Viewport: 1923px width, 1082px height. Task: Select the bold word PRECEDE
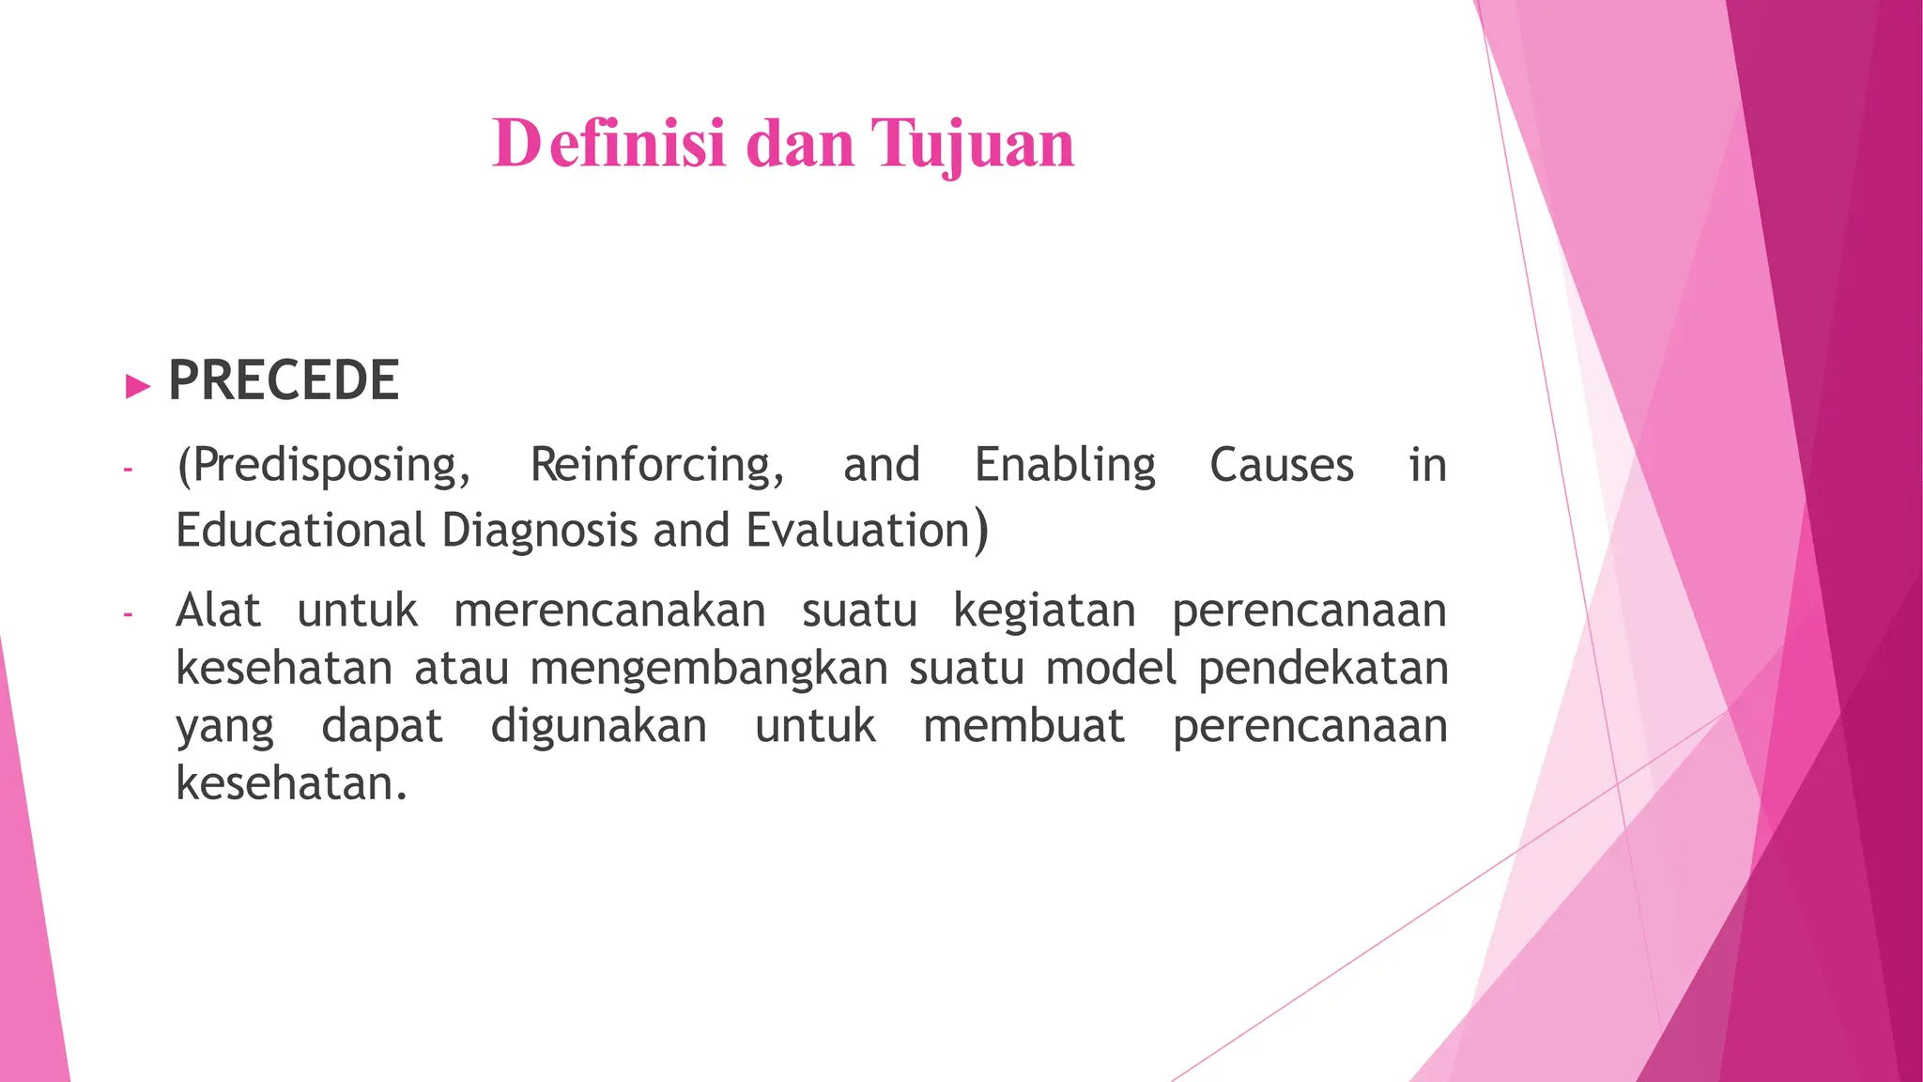click(284, 380)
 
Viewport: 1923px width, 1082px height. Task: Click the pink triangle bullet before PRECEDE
click(138, 385)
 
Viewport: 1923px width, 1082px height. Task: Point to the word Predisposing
click(324, 466)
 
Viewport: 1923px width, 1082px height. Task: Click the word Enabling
click(1065, 466)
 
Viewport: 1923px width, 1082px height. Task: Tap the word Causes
click(1282, 466)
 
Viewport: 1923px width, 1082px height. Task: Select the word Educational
click(300, 531)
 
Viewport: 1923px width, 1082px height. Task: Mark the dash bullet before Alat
click(128, 615)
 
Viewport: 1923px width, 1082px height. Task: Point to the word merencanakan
click(609, 611)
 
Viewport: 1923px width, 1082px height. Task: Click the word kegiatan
click(1044, 611)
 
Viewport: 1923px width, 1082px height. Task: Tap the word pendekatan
click(1323, 670)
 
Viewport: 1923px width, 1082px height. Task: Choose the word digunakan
click(599, 727)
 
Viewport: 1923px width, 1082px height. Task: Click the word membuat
click(1023, 727)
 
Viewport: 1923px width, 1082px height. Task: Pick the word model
click(1111, 670)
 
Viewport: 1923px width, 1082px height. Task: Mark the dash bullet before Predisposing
click(128, 468)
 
